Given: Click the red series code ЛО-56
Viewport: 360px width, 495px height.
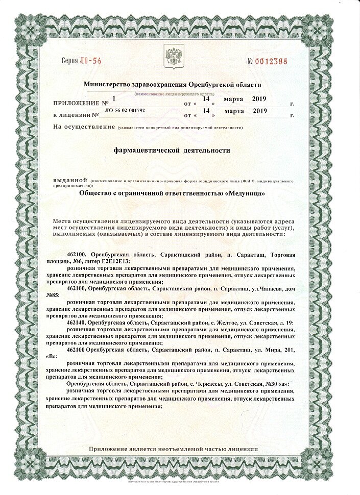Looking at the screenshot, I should coord(91,61).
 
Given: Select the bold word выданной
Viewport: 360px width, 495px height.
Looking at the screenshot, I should coord(70,181).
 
